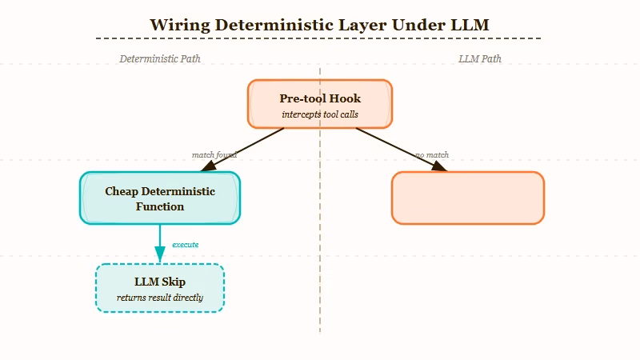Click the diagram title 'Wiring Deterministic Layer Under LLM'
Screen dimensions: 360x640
pyautogui.click(x=319, y=24)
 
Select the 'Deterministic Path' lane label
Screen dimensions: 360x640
pyautogui.click(x=160, y=58)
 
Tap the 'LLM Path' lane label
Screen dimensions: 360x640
pyautogui.click(x=480, y=58)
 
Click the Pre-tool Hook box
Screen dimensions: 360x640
pyautogui.click(x=320, y=104)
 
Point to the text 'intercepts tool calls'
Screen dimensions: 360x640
pyautogui.click(x=320, y=114)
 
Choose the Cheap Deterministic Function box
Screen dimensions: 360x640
pyautogui.click(x=160, y=198)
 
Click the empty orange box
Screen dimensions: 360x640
pyautogui.click(x=468, y=198)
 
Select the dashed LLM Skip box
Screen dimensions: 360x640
pyautogui.click(x=160, y=288)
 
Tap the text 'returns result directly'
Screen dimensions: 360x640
pyautogui.click(x=160, y=298)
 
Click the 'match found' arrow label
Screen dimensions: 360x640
pyautogui.click(x=214, y=154)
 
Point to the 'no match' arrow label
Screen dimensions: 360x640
pyautogui.click(x=432, y=154)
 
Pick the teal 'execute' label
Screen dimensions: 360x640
pyautogui.click(x=186, y=244)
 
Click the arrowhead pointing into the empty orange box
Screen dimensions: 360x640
pyautogui.click(x=438, y=166)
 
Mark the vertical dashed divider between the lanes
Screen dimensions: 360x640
pyautogui.click(x=320, y=240)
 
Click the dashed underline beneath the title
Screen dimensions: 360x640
pyautogui.click(x=318, y=38)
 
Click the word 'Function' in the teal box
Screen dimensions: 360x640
pyautogui.click(x=160, y=206)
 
